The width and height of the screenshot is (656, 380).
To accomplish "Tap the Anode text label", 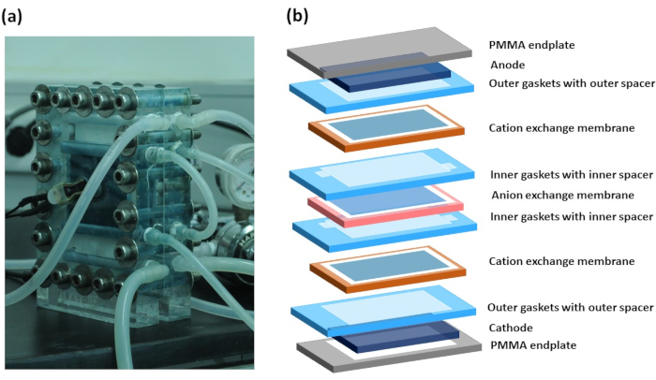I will [508, 66].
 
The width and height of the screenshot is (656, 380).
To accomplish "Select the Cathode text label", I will [512, 328].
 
